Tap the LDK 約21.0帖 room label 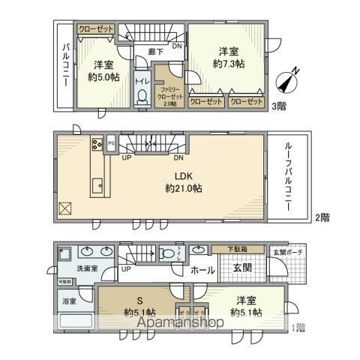(x=180, y=183)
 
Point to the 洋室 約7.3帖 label (x=228, y=58)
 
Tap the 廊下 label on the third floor (x=155, y=52)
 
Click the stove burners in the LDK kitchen (x=97, y=144)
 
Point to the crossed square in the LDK (x=65, y=208)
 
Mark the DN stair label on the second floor (x=178, y=158)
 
